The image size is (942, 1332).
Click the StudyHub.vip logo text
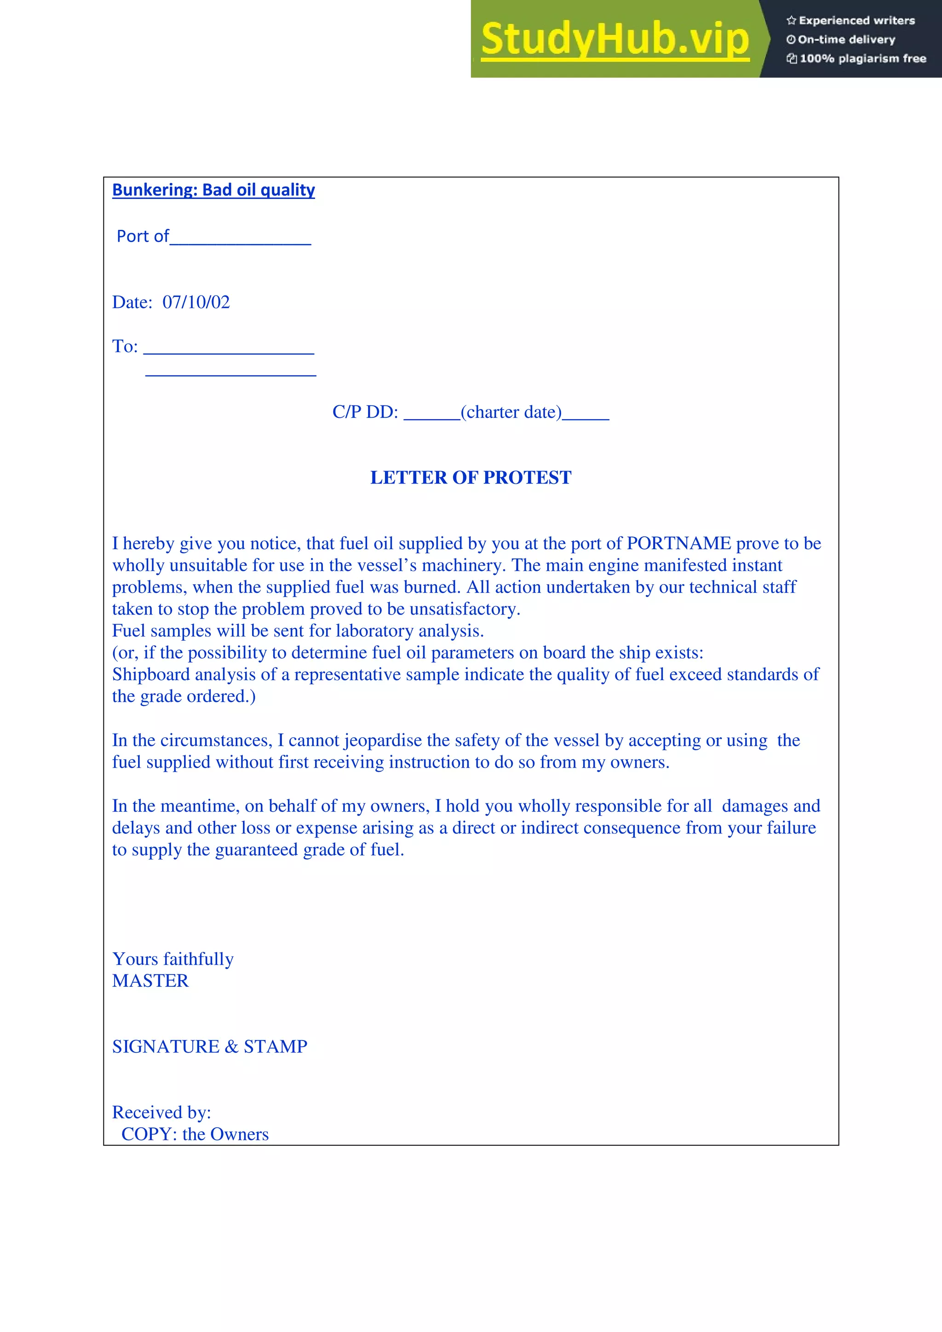pyautogui.click(x=615, y=39)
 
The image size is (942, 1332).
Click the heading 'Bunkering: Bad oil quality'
pyautogui.click(x=213, y=190)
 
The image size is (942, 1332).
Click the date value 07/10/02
pyautogui.click(x=196, y=302)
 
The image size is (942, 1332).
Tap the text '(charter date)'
pyautogui.click(x=511, y=412)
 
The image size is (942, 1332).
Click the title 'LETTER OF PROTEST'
pyautogui.click(x=471, y=478)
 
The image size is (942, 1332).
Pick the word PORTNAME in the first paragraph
pyautogui.click(x=678, y=544)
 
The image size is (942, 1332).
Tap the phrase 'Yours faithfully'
pyautogui.click(x=173, y=959)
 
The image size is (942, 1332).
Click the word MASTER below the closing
pyautogui.click(x=150, y=981)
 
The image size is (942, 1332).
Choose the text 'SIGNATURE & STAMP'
pyautogui.click(x=210, y=1047)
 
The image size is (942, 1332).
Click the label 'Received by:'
pyautogui.click(x=161, y=1112)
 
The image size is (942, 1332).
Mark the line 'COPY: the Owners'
pyautogui.click(x=195, y=1134)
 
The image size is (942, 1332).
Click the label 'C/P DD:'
pyautogui.click(x=365, y=412)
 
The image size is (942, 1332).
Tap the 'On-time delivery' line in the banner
pyautogui.click(x=846, y=40)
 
